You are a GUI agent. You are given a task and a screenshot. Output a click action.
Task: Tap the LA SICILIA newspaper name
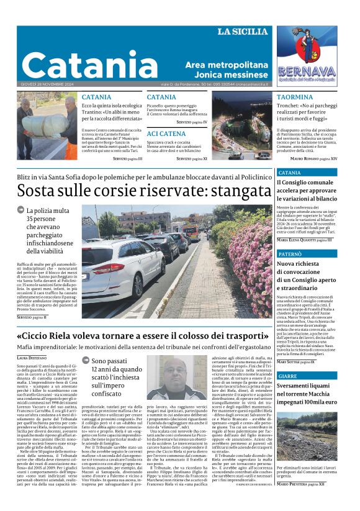click(243, 32)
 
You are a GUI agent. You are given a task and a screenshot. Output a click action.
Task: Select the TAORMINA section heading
click(295, 97)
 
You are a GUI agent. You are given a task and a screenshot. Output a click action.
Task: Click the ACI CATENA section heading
click(166, 133)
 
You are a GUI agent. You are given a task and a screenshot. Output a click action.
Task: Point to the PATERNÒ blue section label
click(291, 255)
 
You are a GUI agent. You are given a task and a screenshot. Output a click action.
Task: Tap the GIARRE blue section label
click(288, 376)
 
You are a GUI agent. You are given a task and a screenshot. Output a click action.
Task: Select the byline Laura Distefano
click(32, 358)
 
